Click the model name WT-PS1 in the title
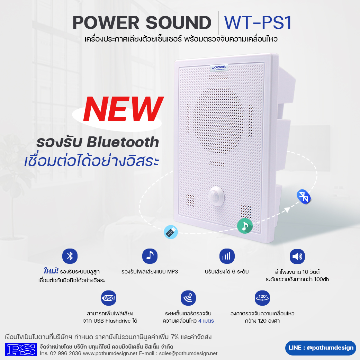tap(258, 23)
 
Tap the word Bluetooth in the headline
tap(123, 142)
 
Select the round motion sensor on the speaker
tap(216, 196)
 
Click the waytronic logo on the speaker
tap(219, 67)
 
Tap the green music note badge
tap(245, 226)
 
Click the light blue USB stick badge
tap(171, 232)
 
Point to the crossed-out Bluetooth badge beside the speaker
tap(304, 197)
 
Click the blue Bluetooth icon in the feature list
tap(70, 256)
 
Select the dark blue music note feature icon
tap(150, 256)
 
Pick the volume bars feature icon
tap(227, 256)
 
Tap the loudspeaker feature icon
tap(297, 256)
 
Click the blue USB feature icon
tap(109, 298)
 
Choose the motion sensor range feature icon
tap(188, 298)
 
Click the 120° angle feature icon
tap(262, 298)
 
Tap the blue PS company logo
tap(21, 349)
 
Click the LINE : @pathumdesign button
tap(321, 348)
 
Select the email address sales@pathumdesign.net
tap(188, 353)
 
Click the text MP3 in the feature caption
tap(172, 272)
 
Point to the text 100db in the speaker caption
tap(322, 279)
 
